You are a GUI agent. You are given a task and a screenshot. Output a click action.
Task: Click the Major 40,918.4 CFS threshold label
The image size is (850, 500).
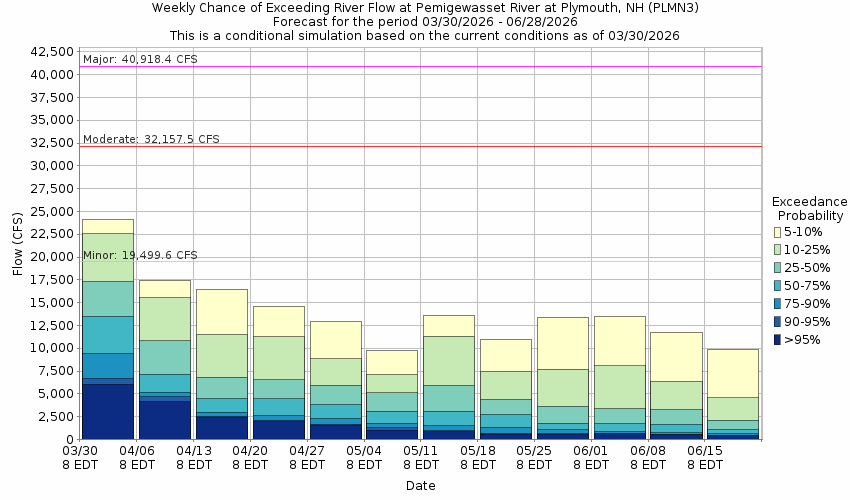(140, 59)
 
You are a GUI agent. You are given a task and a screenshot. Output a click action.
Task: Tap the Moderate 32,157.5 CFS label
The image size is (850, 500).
(151, 139)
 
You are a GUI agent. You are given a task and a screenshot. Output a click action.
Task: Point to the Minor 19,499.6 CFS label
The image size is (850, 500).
(140, 255)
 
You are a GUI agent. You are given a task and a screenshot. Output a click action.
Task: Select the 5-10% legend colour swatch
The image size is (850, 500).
(776, 232)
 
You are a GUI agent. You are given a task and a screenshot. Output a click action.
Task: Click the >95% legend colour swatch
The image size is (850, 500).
(776, 340)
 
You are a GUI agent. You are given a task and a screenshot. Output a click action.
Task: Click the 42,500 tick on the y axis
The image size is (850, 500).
(54, 51)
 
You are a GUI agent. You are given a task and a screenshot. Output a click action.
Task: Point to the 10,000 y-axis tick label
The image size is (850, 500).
(54, 348)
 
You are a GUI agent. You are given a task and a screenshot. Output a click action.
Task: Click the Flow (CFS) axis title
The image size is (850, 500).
(17, 244)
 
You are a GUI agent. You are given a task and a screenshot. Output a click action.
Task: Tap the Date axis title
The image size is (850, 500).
(420, 486)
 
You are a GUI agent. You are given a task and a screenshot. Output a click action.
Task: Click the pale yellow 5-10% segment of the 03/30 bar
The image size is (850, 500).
(108, 226)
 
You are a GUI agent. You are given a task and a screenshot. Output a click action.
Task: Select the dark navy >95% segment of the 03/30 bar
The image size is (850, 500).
(108, 411)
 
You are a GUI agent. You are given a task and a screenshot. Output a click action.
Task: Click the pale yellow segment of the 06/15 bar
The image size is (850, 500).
(733, 373)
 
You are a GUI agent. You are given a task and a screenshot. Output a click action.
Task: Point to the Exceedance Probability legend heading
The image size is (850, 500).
(811, 208)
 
